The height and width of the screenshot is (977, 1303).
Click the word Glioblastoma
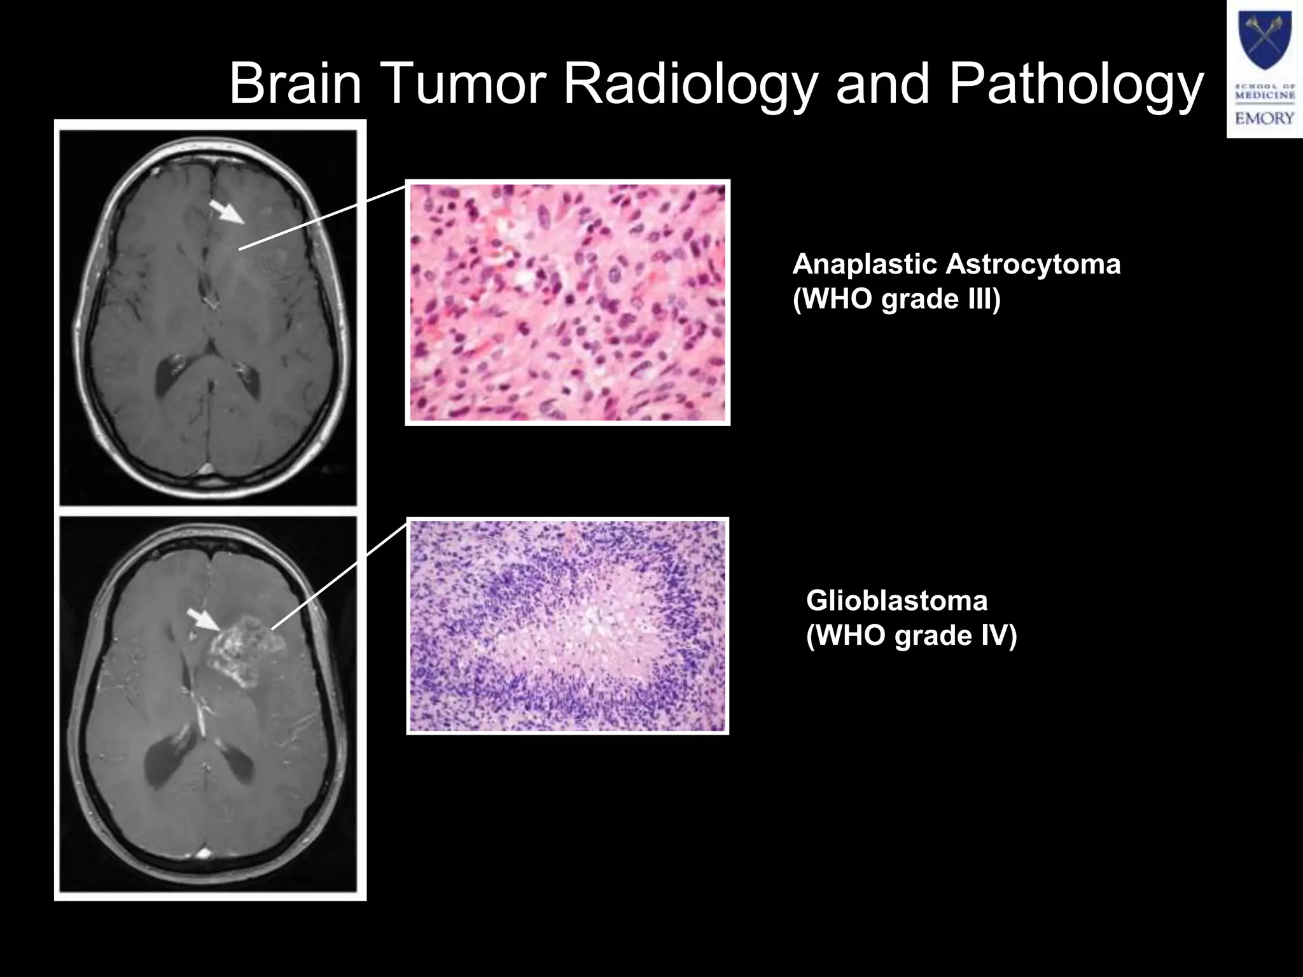[896, 600]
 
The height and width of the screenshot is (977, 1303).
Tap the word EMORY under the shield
[1264, 118]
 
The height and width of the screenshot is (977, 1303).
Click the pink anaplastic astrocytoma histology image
[568, 303]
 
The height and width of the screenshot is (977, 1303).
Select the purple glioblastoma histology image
[568, 626]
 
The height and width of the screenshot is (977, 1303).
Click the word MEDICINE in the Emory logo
[1264, 95]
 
